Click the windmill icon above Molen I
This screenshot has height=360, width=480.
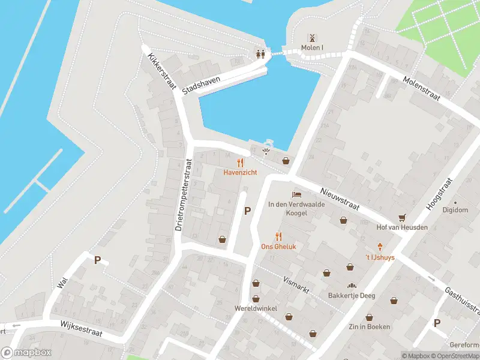pos(311,37)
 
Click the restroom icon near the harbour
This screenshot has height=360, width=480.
pos(260,53)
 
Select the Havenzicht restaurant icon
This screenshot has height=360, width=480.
pos(240,162)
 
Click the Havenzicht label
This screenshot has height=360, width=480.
pos(240,172)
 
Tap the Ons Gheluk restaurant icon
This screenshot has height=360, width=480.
pos(278,236)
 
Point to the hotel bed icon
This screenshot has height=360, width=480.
pos(296,194)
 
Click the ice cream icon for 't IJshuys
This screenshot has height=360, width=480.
pos(380,247)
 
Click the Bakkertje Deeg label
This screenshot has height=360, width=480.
pos(351,295)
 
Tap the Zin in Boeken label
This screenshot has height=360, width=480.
pos(369,327)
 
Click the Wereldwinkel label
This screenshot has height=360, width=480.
pos(256,309)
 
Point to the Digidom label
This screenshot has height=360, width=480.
pos(455,210)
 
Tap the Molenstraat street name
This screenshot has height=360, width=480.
pos(421,88)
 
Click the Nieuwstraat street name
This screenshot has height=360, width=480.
pos(339,197)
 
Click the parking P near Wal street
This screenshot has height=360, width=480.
pos(97,260)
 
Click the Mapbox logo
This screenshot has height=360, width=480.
pos(26,353)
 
